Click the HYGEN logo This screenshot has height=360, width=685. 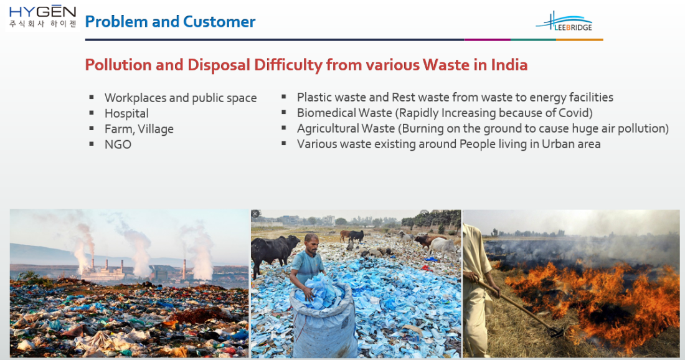pos(42,17)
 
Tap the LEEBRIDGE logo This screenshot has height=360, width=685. pos(564,22)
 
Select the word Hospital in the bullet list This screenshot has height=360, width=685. pos(126,113)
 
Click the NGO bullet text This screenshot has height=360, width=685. pos(118,144)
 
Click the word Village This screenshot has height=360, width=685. pos(156,129)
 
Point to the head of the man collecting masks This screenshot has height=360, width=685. pos(311,243)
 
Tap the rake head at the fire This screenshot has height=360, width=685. pos(555,333)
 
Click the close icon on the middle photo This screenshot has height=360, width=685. pos(255,214)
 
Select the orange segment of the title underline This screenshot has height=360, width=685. pos(580,40)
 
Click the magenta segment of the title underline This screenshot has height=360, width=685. pos(487,40)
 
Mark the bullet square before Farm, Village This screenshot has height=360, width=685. pos(92,128)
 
